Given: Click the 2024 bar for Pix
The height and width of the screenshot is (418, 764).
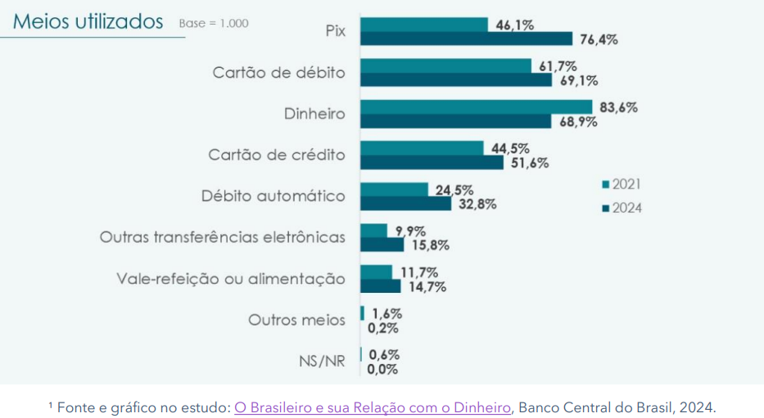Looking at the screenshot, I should [466, 38].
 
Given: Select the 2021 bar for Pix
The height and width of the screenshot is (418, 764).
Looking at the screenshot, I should [424, 25].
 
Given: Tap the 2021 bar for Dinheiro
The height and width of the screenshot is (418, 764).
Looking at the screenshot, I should [476, 107].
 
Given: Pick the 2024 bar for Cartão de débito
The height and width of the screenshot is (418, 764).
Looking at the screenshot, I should [456, 80].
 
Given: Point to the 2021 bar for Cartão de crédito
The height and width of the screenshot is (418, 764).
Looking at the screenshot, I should [422, 148].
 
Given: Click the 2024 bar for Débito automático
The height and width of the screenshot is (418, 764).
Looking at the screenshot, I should [405, 204].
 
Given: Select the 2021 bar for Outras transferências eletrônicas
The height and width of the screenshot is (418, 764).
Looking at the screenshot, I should [373, 231].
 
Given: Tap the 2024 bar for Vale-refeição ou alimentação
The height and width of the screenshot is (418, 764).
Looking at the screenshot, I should [381, 285].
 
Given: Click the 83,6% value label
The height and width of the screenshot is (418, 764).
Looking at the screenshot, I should [617, 107].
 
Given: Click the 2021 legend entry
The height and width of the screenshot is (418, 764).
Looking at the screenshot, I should [622, 184].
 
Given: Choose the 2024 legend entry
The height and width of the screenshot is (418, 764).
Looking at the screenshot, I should [622, 208].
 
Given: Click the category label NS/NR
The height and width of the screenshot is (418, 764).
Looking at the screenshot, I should [322, 361].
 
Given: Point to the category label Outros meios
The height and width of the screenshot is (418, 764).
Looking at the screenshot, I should [296, 319].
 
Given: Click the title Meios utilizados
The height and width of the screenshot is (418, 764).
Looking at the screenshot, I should [88, 22].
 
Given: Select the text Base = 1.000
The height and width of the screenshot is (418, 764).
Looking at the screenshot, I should [213, 23].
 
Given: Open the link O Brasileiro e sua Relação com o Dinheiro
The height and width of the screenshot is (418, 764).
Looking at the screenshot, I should [373, 407].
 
